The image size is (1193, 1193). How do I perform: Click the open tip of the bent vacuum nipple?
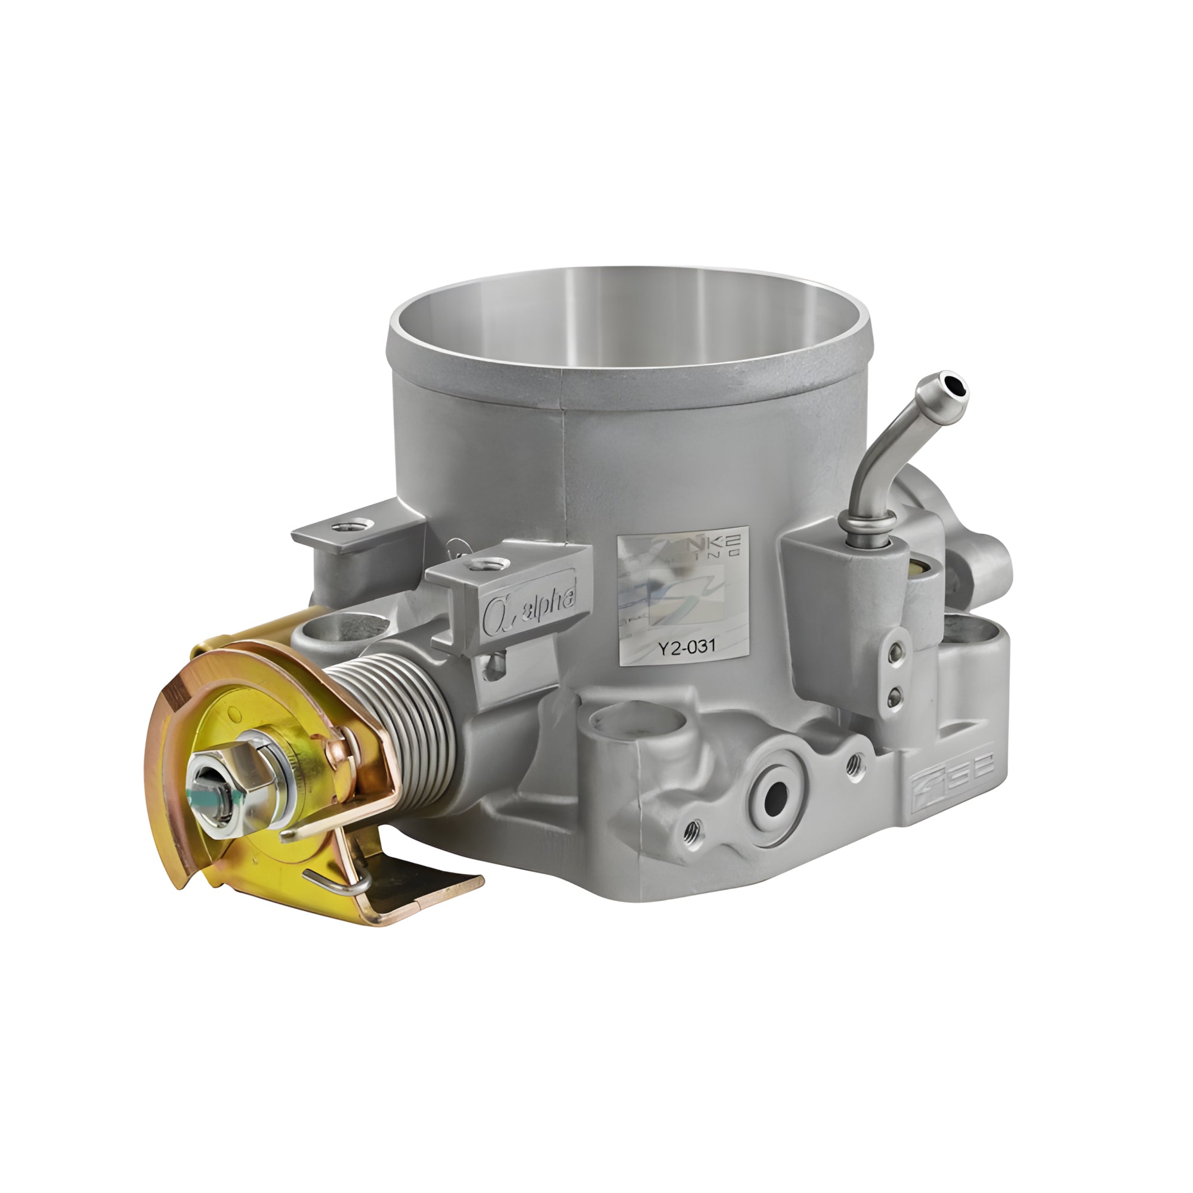[x=957, y=387]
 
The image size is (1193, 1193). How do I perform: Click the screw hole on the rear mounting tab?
[x=354, y=526]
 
